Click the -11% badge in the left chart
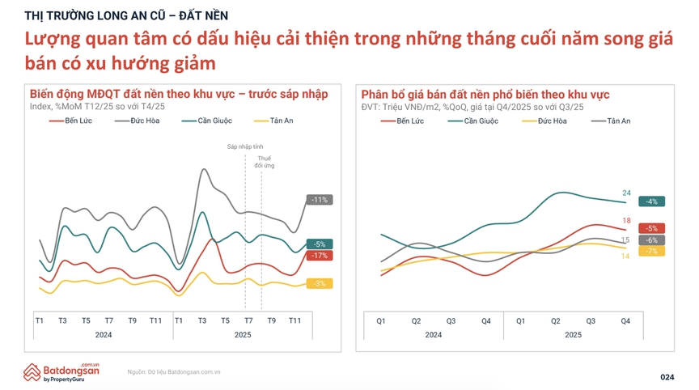pos(320,200)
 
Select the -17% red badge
pos(320,256)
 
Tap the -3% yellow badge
pos(320,284)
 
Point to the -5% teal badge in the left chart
pos(320,244)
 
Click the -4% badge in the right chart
pos(651,201)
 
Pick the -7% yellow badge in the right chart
pos(651,252)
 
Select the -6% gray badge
pos(651,240)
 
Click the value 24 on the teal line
pos(626,193)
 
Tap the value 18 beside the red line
pos(626,221)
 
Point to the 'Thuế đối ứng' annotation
pos(264,162)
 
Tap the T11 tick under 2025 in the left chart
pos(295,320)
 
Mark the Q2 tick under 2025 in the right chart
pos(556,321)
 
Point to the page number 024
pos(667,377)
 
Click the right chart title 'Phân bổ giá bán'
pos(485,95)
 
